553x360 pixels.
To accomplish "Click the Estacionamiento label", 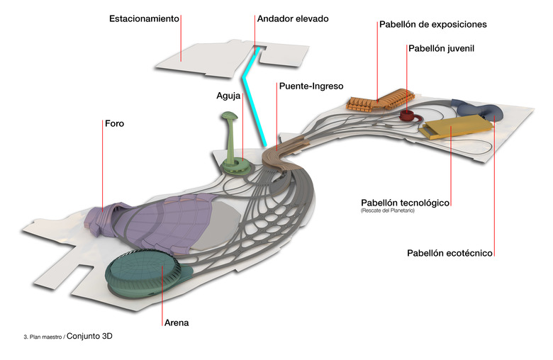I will coord(143,18).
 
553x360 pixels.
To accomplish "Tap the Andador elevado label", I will coord(293,18).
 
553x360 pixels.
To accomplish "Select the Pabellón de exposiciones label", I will coord(432,25).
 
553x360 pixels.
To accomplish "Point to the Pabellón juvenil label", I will coord(440,49).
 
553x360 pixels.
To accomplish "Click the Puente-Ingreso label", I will coord(311,86).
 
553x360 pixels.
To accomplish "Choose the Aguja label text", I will coord(228,94).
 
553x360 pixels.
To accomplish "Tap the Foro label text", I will coord(114,123).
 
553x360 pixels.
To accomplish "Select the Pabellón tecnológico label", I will coord(405,203).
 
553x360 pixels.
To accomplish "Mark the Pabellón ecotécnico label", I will coord(449,253).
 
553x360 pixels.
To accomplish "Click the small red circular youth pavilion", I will coord(408,115).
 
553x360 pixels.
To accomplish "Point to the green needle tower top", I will coord(229,117).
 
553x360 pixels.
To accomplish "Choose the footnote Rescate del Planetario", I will coord(387,210).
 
